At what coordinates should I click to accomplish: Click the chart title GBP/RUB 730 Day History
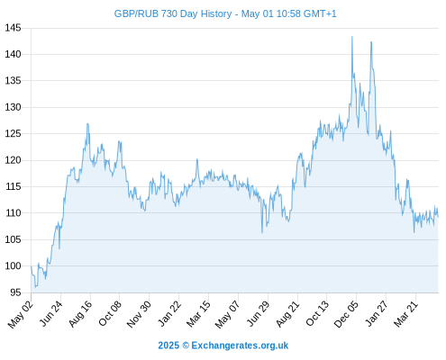[x=173, y=14]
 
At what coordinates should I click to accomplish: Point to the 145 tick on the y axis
[x=13, y=28]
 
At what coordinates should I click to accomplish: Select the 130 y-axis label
[x=13, y=107]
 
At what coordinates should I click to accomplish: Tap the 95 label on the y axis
[x=15, y=292]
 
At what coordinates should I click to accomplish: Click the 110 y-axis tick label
[x=13, y=213]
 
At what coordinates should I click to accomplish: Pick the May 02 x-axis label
[x=20, y=314]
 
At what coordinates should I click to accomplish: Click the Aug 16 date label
[x=80, y=314]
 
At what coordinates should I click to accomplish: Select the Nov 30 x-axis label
[x=139, y=314]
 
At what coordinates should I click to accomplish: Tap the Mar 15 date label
[x=198, y=314]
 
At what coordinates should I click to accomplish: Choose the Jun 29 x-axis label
[x=258, y=314]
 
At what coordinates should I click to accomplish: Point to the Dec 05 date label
[x=346, y=314]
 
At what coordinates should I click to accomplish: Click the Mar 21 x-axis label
[x=405, y=314]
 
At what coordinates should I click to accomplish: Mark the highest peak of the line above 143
[x=352, y=37]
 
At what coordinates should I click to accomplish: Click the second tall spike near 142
[x=371, y=42]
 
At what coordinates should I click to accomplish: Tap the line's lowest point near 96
[x=35, y=287]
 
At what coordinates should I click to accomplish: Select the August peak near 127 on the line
[x=87, y=123]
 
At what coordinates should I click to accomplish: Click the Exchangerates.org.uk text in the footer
[x=240, y=346]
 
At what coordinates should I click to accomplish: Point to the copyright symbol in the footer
[x=186, y=346]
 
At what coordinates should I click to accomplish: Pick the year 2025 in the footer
[x=168, y=346]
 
